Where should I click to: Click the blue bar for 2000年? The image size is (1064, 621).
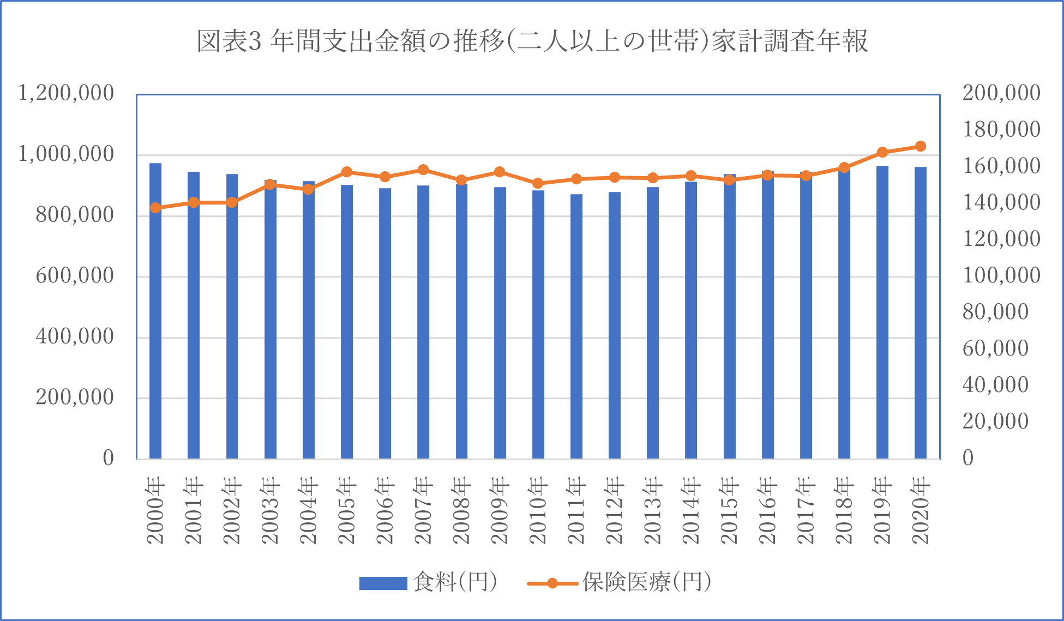(155, 311)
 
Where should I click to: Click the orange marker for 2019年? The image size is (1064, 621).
(882, 152)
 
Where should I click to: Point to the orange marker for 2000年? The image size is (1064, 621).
(155, 208)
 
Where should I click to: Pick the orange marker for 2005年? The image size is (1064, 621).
(346, 172)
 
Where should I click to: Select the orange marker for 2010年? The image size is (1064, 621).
(538, 183)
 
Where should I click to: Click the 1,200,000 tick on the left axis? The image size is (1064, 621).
(66, 93)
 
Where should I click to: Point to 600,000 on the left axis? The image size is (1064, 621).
(75, 275)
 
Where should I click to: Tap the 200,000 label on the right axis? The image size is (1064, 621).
(1001, 93)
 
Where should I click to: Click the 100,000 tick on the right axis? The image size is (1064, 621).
(1001, 275)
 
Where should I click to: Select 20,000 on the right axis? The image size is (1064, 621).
(995, 421)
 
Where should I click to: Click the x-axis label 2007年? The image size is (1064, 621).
(423, 510)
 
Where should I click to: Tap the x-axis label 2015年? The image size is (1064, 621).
(729, 510)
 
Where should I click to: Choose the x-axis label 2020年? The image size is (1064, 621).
(921, 510)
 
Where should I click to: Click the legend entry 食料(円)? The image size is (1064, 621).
(455, 582)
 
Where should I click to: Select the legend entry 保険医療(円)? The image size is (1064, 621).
(646, 582)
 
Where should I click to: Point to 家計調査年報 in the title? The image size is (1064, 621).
(789, 41)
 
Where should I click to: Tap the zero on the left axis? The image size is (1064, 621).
(108, 458)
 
